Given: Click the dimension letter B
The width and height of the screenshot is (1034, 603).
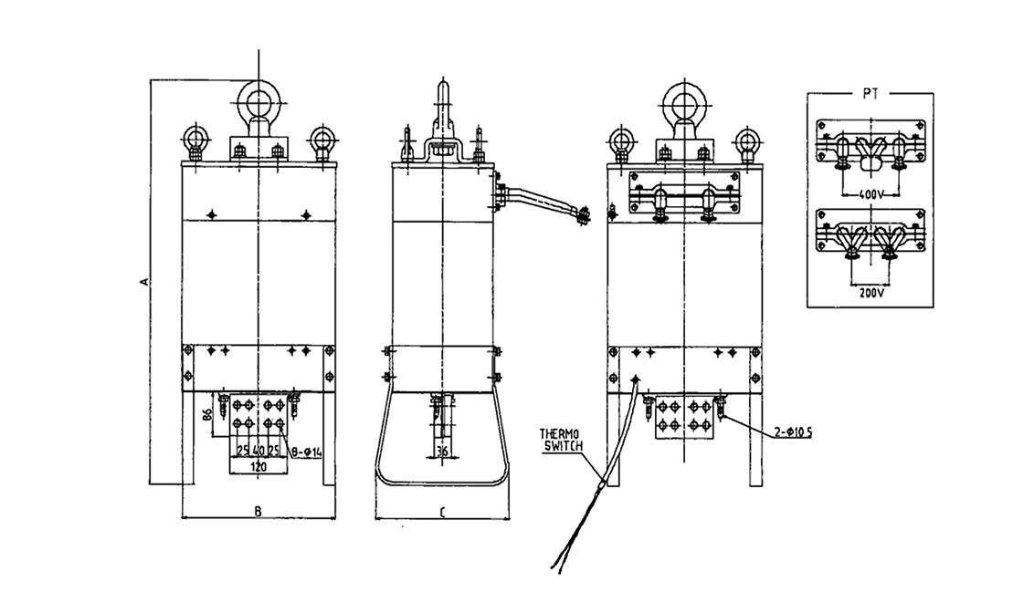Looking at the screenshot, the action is tap(258, 510).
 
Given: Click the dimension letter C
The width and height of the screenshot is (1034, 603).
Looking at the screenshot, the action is tap(442, 511).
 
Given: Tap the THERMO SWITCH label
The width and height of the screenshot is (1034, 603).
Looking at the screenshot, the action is tap(561, 440).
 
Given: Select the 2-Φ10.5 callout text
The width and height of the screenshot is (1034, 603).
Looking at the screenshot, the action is tap(793, 432).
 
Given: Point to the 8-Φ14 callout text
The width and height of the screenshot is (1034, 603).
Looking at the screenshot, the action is tap(306, 452).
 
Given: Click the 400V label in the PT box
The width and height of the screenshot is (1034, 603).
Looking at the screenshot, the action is tap(870, 195).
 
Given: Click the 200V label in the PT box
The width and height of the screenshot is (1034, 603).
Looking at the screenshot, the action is tap(871, 293).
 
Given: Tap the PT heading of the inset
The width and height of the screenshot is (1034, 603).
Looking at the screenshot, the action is tap(870, 93).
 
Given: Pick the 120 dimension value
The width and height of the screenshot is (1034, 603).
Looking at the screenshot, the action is tap(258, 467).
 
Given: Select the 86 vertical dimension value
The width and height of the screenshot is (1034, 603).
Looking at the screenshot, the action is tap(206, 415).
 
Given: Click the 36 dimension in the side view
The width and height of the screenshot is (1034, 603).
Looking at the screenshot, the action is tap(442, 452).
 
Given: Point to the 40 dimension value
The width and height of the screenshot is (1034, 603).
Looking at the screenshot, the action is tap(258, 452).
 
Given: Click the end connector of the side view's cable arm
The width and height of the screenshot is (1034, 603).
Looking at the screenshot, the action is tap(581, 216).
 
